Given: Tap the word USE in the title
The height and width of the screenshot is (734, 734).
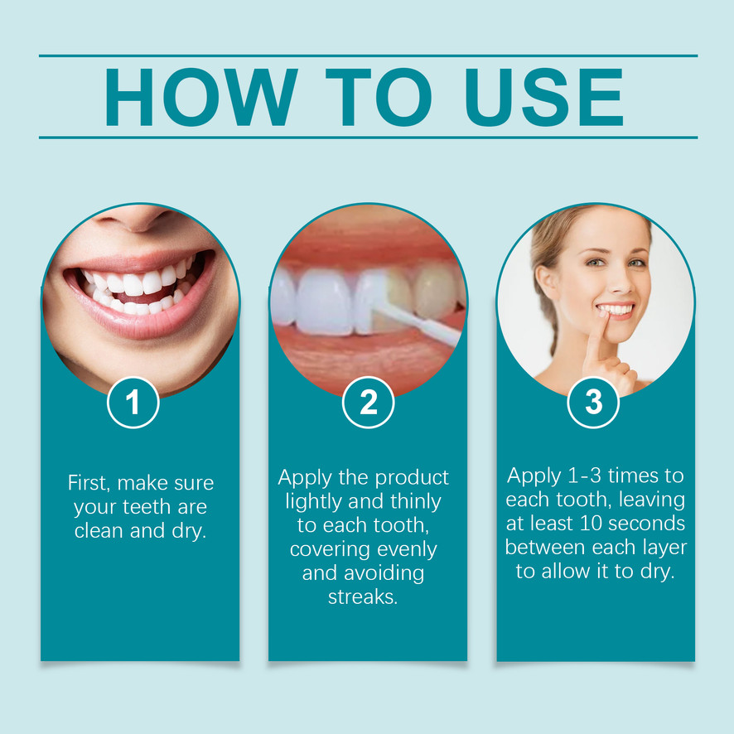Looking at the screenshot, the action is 544,97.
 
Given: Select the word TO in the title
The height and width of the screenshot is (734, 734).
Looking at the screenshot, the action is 379,97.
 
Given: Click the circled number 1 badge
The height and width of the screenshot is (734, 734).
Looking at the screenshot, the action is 133,403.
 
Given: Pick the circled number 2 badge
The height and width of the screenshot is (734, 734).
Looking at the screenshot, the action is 369,403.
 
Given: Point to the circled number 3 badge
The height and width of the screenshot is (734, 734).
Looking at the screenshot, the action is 593,403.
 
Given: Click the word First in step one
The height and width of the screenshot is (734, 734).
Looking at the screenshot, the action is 89,483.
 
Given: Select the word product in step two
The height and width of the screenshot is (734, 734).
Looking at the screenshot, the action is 412,478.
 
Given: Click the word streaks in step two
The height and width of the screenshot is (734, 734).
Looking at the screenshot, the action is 363,596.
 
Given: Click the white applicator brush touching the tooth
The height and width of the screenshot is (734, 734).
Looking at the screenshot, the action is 414,321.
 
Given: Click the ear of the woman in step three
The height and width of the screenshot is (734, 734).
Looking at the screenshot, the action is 546,282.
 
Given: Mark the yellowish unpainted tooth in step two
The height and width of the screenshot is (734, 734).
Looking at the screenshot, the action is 435,292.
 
